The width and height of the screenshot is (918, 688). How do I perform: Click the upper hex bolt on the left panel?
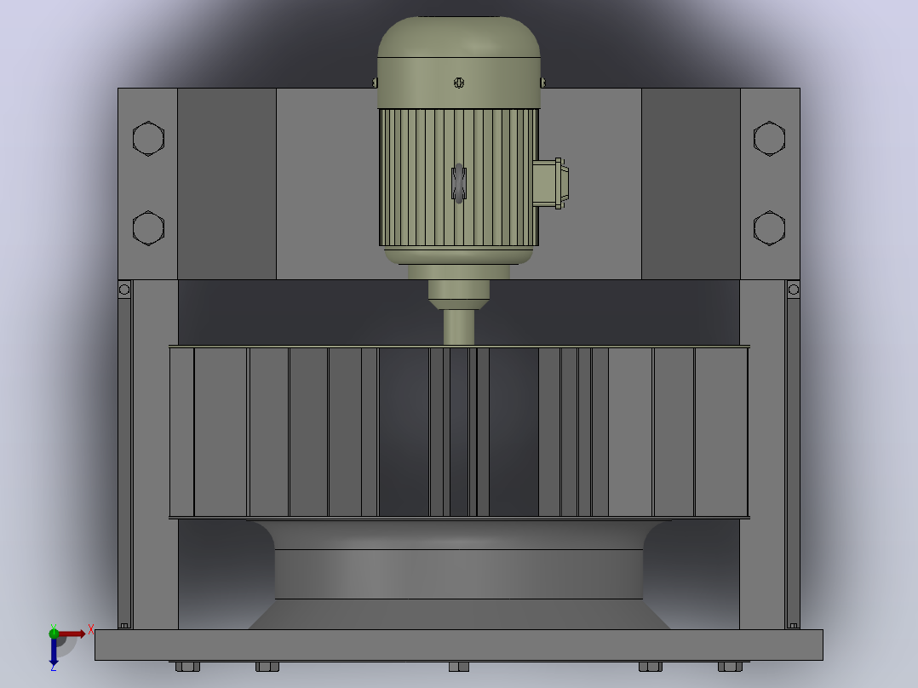click(x=148, y=139)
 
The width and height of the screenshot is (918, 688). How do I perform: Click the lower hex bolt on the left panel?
click(x=148, y=227)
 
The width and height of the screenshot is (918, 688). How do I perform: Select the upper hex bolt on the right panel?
click(x=769, y=139)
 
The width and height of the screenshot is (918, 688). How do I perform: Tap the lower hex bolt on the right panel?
click(x=769, y=227)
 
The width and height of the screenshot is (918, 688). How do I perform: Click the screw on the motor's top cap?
click(x=459, y=83)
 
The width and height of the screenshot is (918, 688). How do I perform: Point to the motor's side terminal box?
click(x=550, y=183)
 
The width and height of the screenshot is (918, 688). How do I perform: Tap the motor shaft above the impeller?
click(x=459, y=327)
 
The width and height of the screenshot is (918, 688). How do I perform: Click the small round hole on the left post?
click(x=124, y=290)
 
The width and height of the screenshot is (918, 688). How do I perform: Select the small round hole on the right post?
click(x=794, y=290)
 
